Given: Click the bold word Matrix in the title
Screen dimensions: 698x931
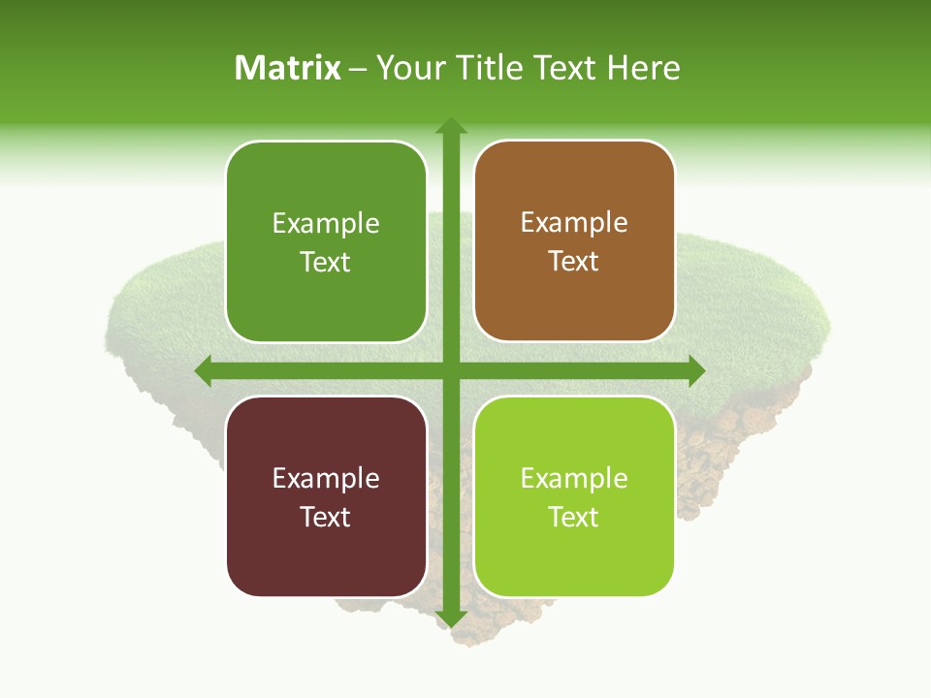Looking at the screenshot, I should [x=288, y=68].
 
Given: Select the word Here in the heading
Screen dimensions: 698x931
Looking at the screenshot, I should [x=643, y=68].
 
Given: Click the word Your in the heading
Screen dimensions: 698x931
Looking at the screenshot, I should [x=407, y=68].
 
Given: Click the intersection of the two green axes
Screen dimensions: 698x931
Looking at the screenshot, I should [x=450, y=370].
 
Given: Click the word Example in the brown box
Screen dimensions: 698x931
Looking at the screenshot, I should [x=574, y=223].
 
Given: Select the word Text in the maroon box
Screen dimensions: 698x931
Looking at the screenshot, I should [x=326, y=517].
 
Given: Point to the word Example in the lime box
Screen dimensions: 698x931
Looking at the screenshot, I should [x=574, y=478].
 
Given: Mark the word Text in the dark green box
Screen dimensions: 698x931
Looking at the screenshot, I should [x=326, y=262].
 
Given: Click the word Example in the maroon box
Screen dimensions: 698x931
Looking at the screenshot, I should [x=326, y=478].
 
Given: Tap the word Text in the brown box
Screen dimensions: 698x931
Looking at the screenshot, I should [x=574, y=262].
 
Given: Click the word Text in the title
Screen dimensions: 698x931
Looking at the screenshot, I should [x=562, y=68].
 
